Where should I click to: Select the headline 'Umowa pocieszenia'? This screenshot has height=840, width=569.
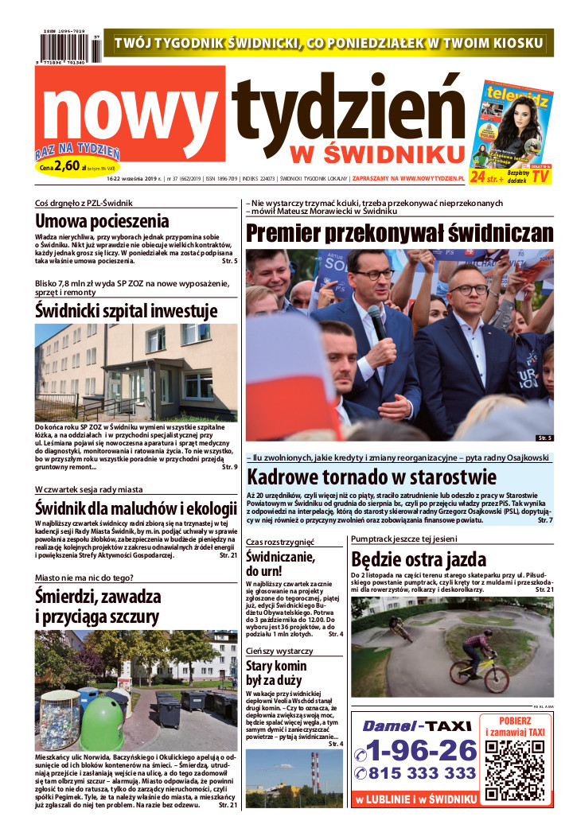click(x=103, y=221)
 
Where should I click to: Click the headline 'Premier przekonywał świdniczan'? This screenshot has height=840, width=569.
click(x=399, y=233)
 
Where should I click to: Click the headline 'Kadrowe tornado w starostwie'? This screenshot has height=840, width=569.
click(x=372, y=478)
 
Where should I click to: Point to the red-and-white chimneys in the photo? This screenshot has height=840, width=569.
click(x=315, y=771)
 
